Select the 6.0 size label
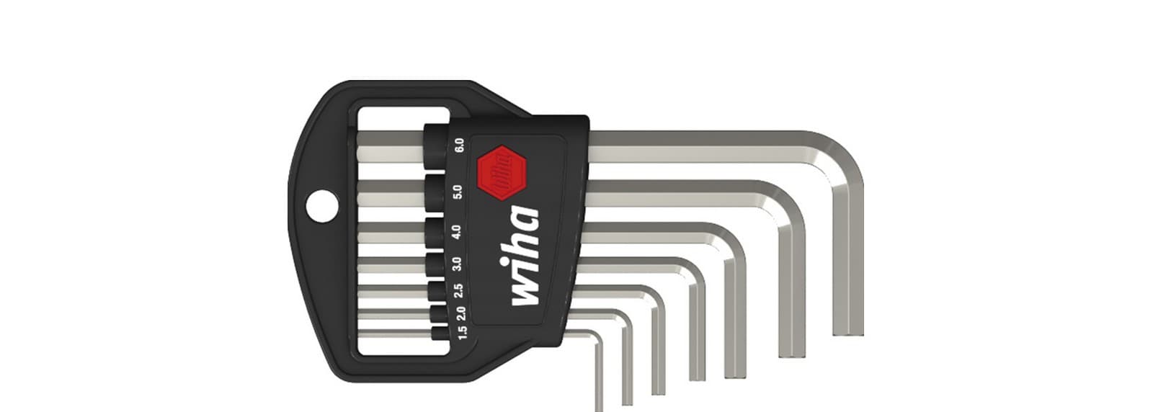point(459,145)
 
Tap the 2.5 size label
point(458,290)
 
